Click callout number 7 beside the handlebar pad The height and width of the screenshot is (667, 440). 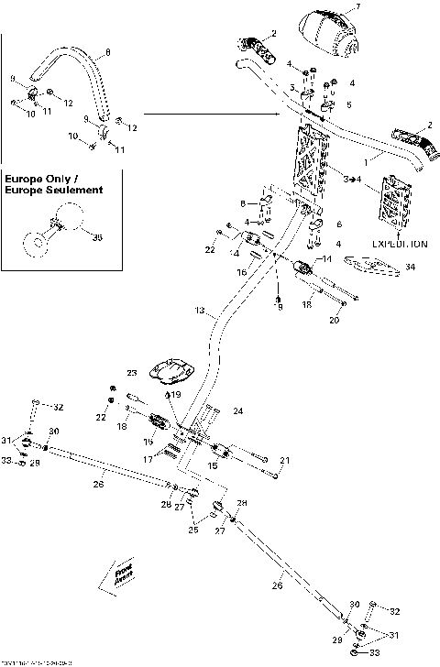click(357, 6)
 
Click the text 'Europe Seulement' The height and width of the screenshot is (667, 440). click(52, 190)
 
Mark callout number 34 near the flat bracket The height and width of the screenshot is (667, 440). click(410, 267)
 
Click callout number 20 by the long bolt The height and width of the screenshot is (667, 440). click(334, 320)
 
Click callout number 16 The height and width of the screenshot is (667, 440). click(242, 272)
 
